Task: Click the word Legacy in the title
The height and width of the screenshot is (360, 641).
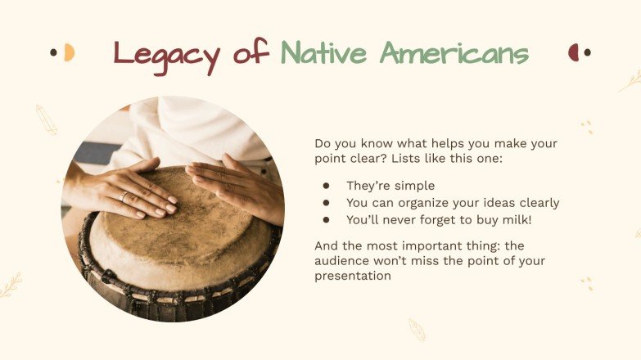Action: pyautogui.click(x=166, y=55)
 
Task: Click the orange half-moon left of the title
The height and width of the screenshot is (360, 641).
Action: pyautogui.click(x=70, y=52)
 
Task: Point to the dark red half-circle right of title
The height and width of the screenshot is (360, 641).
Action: pyautogui.click(x=574, y=52)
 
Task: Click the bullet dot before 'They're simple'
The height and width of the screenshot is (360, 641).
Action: pyautogui.click(x=326, y=187)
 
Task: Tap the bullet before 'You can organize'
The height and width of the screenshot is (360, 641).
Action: pyautogui.click(x=326, y=203)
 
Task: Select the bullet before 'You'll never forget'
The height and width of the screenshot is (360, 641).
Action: pyautogui.click(x=326, y=219)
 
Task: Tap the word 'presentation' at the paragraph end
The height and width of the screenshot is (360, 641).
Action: pyautogui.click(x=353, y=277)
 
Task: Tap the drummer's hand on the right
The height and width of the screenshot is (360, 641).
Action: pyautogui.click(x=237, y=184)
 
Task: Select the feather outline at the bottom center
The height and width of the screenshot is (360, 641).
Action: pyautogui.click(x=417, y=330)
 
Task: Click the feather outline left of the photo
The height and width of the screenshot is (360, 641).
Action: pyautogui.click(x=46, y=119)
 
